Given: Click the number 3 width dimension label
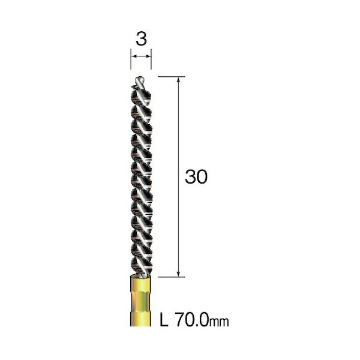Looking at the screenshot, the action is (x=141, y=39).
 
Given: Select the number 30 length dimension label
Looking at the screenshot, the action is (x=196, y=176).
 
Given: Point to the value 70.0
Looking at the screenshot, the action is (x=192, y=320).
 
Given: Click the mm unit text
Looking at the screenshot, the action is (x=219, y=322).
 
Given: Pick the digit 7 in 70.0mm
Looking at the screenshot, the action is (x=180, y=320).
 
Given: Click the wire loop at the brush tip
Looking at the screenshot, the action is (x=140, y=82).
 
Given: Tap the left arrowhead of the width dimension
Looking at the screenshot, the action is (x=133, y=56).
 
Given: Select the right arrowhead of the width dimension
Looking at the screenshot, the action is (x=149, y=56).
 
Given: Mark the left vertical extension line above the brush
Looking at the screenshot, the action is (x=131, y=59).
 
